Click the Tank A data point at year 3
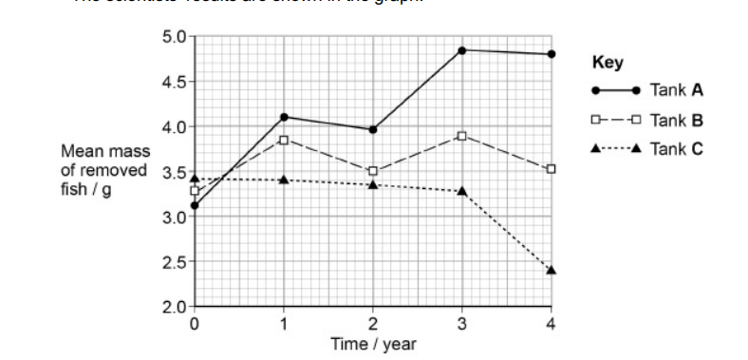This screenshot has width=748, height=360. [x=461, y=49]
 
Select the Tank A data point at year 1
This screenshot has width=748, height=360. [x=284, y=117]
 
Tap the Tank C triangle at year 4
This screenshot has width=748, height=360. [x=551, y=270]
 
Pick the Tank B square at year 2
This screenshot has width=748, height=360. [x=373, y=171]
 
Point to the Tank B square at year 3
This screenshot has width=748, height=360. [x=461, y=136]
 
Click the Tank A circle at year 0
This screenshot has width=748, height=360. [x=195, y=205]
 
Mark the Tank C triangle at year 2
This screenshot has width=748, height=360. [x=373, y=184]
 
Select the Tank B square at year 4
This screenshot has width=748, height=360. [x=551, y=169]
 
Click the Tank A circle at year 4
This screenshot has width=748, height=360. [x=551, y=54]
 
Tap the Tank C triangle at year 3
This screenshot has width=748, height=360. [x=461, y=191]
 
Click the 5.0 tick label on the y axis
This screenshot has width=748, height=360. [x=176, y=37]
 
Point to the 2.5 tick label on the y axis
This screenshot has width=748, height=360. [x=176, y=262]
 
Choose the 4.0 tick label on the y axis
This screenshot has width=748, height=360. [x=176, y=127]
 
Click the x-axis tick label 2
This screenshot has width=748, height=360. [x=373, y=324]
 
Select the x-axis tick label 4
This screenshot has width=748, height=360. [x=551, y=324]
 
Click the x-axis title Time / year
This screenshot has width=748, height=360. [x=372, y=343]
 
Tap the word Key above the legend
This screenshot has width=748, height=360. [x=607, y=64]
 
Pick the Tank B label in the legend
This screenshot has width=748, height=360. [x=677, y=121]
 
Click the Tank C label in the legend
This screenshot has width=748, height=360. [x=677, y=148]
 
